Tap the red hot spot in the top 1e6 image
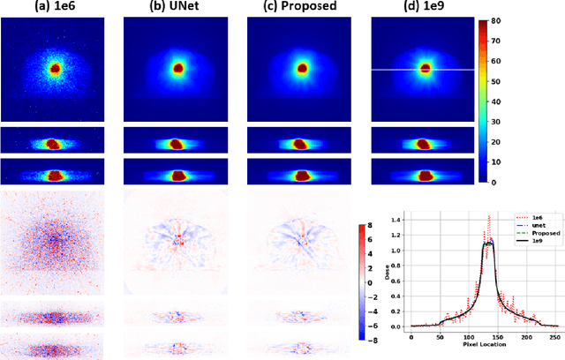(x=55, y=68)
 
